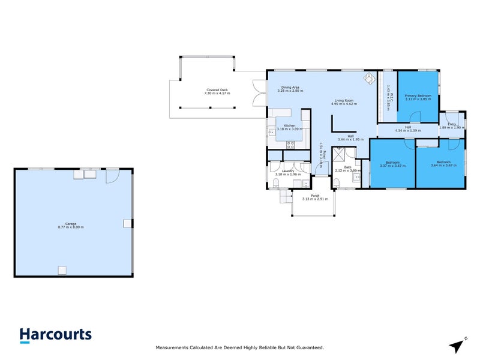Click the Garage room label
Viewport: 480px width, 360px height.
[70, 224]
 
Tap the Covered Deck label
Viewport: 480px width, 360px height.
[216, 90]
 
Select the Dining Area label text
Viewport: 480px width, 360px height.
[290, 88]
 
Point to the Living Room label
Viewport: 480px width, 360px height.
[344, 100]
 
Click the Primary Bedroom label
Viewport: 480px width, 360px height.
[418, 95]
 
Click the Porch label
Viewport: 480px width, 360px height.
[314, 196]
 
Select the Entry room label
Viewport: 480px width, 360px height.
[451, 124]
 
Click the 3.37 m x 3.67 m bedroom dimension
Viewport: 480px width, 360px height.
[392, 166]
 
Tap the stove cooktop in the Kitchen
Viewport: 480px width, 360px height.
[291, 143]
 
